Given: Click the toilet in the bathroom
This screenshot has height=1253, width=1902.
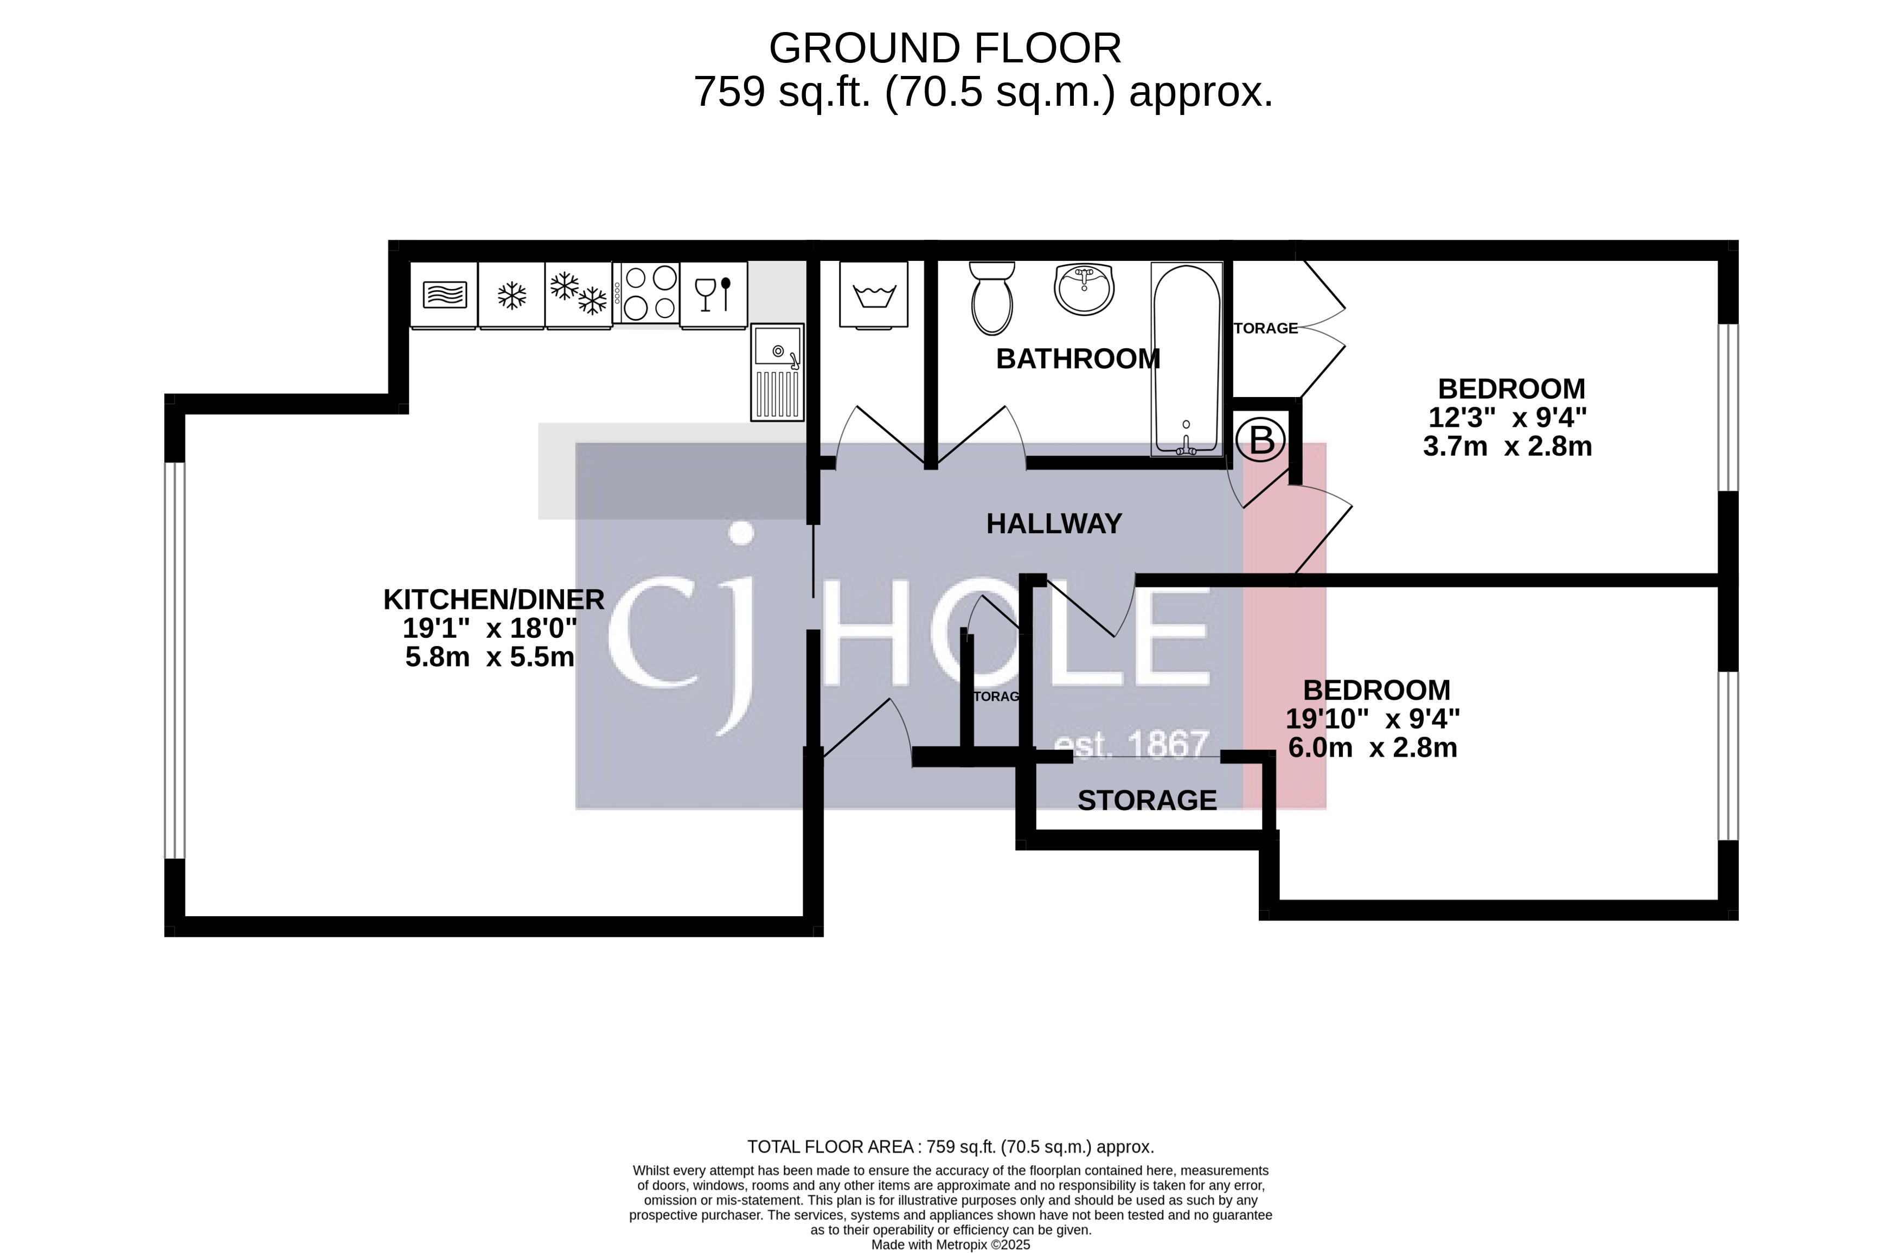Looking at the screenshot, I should click(992, 299).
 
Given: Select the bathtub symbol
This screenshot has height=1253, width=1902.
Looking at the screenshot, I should click(1186, 360).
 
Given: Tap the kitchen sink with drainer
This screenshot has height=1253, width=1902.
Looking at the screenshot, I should click(777, 373).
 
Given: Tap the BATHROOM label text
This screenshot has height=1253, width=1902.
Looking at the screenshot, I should click(1077, 359).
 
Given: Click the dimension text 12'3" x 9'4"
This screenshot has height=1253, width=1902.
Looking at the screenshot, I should click(1507, 417).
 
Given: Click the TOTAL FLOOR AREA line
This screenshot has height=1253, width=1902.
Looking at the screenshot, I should click(950, 1147).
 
